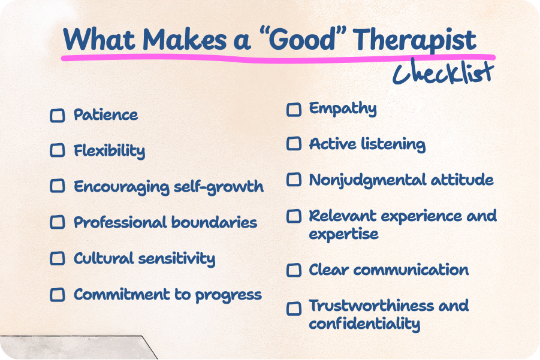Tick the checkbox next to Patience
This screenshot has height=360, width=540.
point(57,115)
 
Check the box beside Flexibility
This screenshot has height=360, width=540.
point(57,150)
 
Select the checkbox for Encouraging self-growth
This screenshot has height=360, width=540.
point(57,186)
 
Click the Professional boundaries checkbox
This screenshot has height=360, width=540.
point(57,222)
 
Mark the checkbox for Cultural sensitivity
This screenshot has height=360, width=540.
point(57,258)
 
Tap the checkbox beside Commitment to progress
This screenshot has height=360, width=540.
point(57,294)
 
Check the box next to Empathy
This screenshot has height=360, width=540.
point(294,110)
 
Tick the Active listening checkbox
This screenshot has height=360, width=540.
point(294,144)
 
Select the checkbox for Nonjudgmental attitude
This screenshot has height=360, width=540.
point(294,180)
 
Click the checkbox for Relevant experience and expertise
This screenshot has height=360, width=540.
point(294,216)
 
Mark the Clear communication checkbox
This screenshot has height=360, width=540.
point(294,270)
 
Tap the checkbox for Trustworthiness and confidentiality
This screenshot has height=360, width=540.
point(294,308)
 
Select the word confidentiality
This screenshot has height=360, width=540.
point(364,324)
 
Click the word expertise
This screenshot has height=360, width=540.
point(343,234)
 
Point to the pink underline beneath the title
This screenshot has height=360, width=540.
point(270,59)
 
